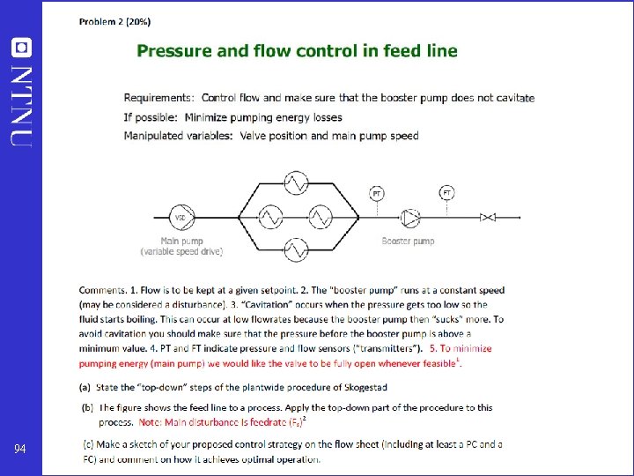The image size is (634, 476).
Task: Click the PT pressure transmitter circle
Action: pos(377,193)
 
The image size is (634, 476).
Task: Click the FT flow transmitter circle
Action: pos(447,192)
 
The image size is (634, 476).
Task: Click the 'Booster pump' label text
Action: pos(408,241)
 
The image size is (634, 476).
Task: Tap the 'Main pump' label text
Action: pos(181,241)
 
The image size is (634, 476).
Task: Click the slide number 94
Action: pos(19,450)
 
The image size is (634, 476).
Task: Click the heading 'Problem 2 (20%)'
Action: pos(114,20)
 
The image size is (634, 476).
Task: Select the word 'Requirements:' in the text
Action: pos(158,98)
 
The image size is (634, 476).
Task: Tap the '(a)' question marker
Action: pos(85,387)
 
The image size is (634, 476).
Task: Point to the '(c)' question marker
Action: pos(90,443)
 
